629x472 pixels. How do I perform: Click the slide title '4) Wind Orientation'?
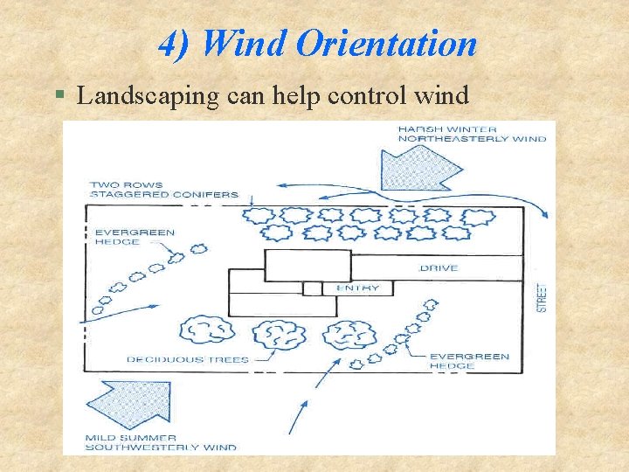coord(318,43)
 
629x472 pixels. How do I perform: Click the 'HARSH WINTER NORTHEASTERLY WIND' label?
coord(472,134)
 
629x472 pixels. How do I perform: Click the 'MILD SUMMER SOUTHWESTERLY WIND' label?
coord(161,442)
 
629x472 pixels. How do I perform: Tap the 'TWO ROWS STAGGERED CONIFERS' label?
coord(162,189)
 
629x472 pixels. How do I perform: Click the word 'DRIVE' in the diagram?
coord(439,267)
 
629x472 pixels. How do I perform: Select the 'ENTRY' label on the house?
coord(357,288)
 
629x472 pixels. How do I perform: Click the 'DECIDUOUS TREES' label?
coord(187,359)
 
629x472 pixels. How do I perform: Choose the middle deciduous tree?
coord(279,334)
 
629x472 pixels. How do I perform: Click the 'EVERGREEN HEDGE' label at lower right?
coord(468,361)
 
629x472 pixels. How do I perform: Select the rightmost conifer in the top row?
coord(477,217)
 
